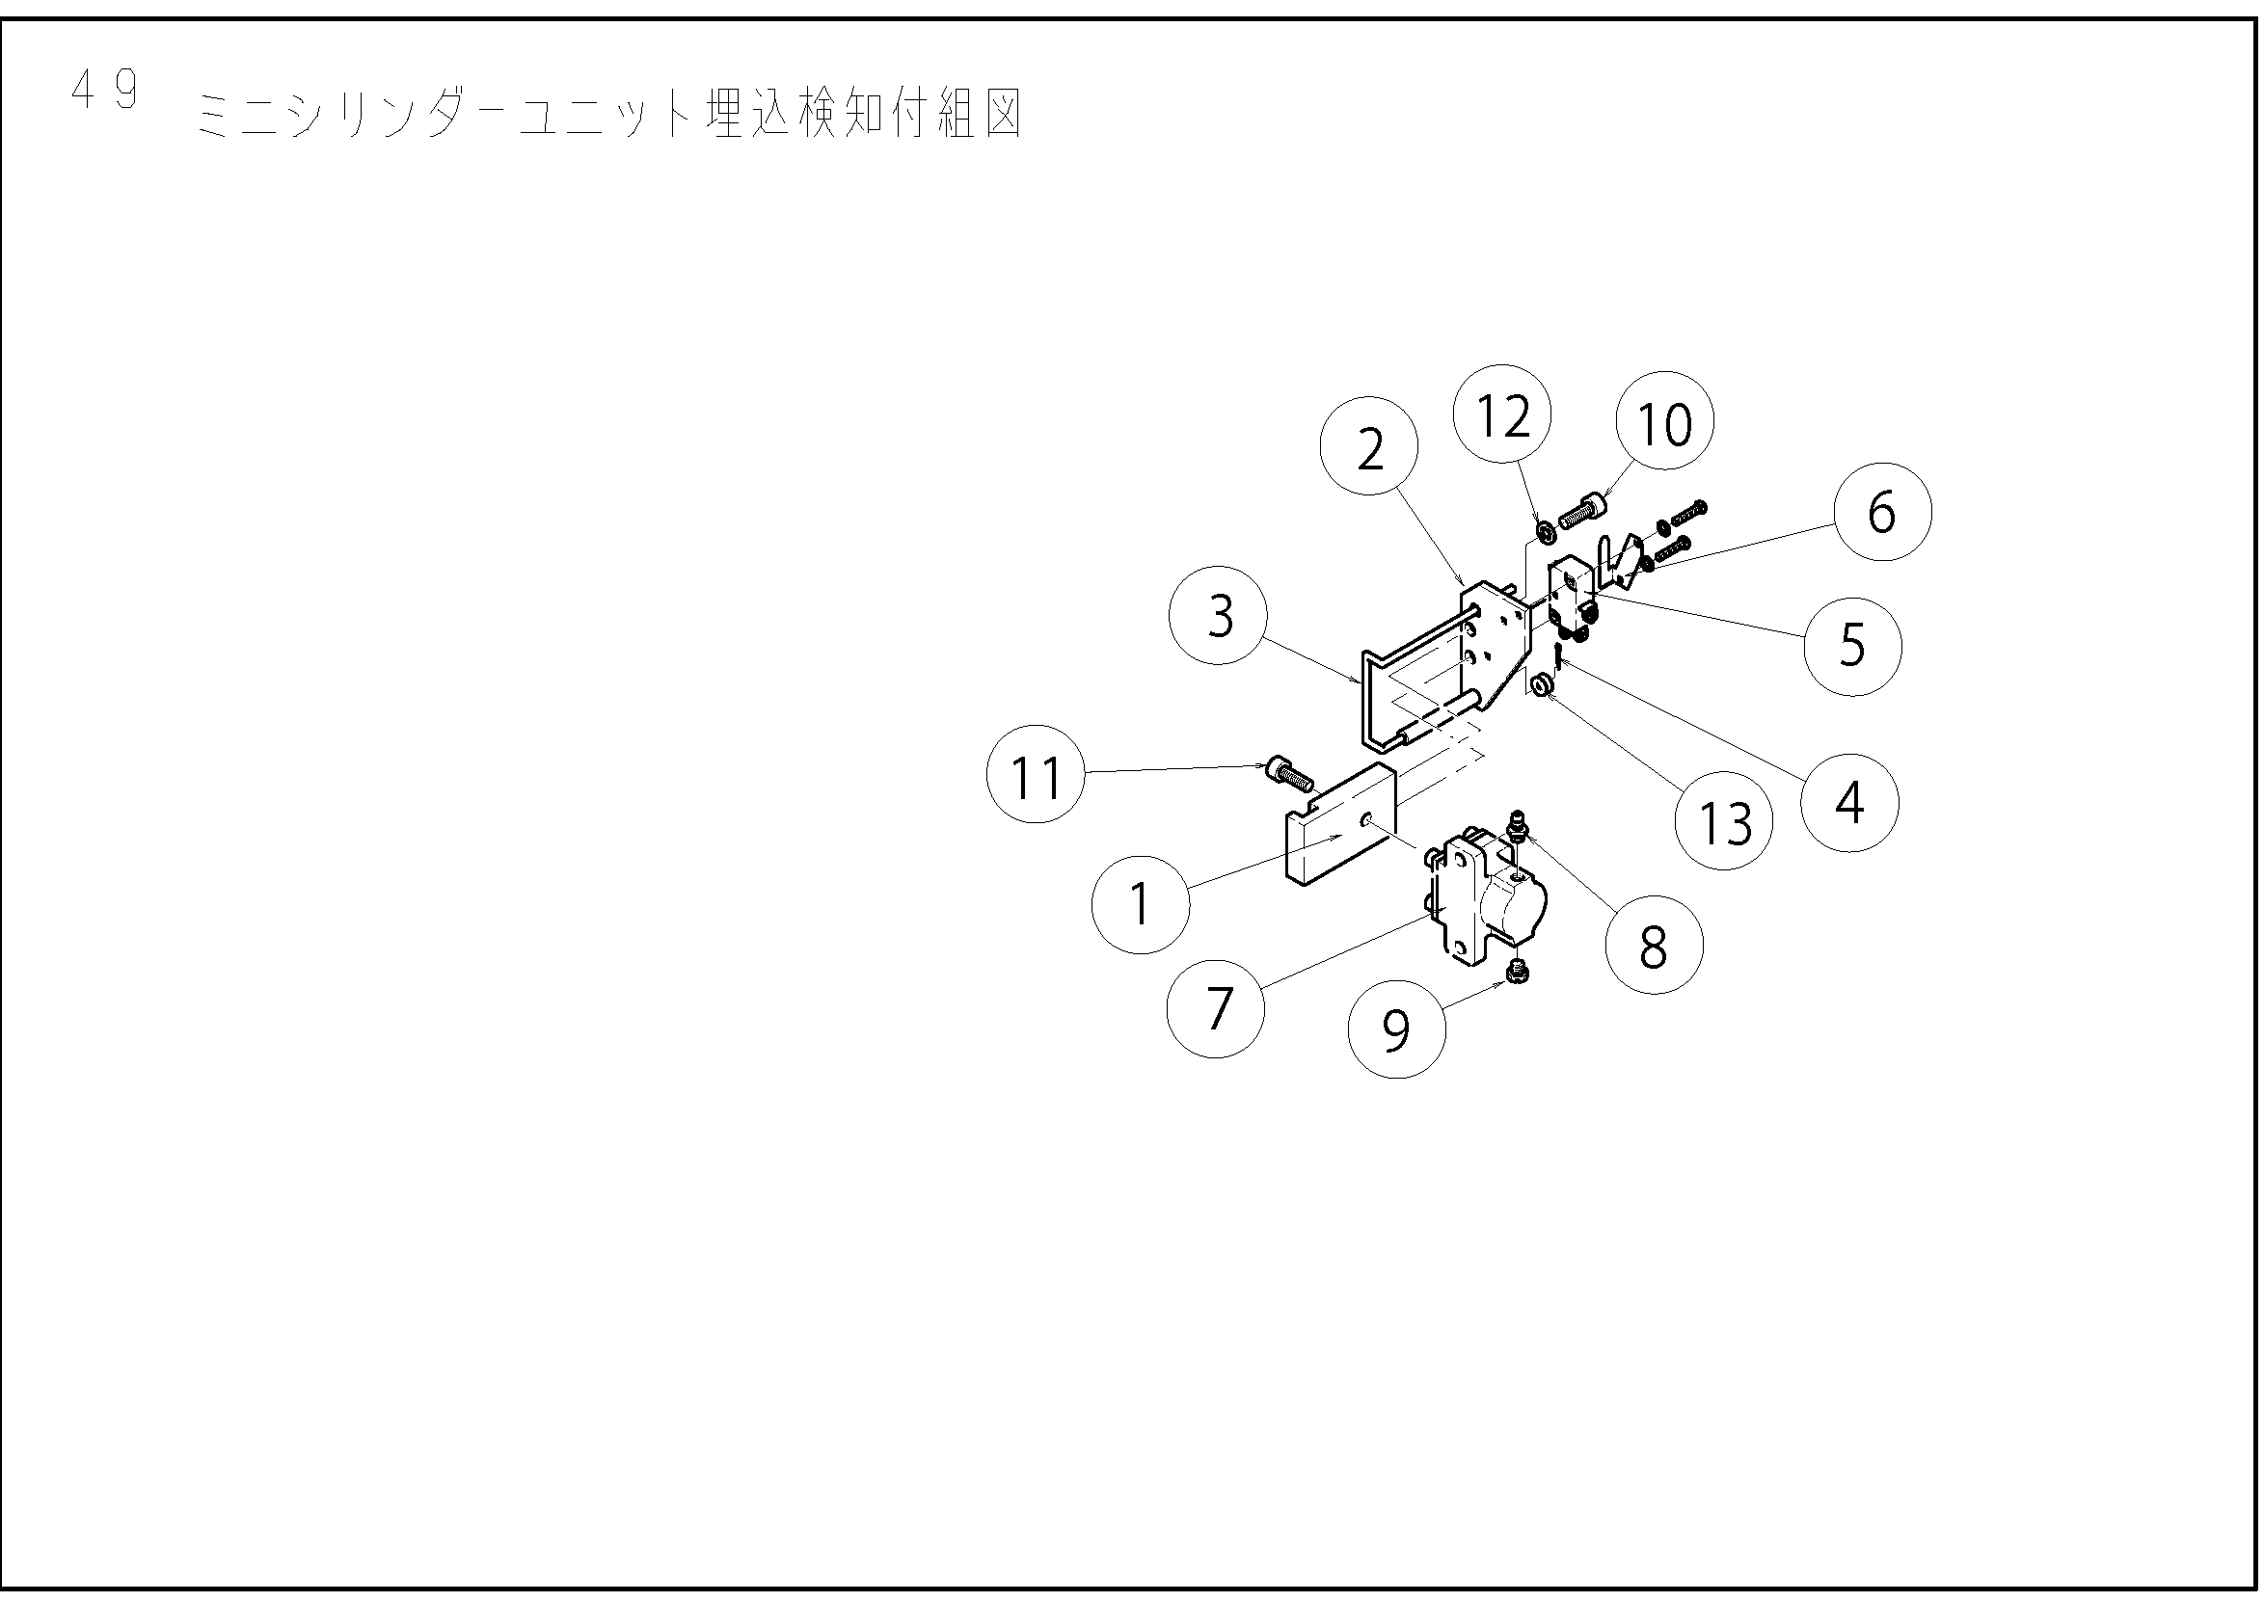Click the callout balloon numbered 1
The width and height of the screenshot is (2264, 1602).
[x=1141, y=904]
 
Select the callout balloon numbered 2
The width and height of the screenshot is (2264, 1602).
[x=1369, y=447]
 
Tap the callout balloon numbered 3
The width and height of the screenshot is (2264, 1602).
[x=1219, y=617]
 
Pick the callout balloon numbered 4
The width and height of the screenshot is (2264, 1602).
[x=1848, y=803]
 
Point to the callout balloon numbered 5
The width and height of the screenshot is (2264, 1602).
[x=1851, y=647]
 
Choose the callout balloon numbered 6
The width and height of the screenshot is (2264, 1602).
[x=1882, y=512]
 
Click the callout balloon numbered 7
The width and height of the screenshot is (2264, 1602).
[x=1215, y=1009]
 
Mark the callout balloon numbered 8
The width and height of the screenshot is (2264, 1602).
[x=1654, y=945]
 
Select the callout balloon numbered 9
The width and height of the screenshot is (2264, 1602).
[x=1397, y=1028]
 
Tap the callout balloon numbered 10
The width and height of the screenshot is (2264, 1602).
[x=1664, y=422]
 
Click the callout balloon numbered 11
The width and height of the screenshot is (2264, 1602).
[x=1036, y=775]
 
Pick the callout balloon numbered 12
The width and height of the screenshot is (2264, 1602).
[x=1502, y=414]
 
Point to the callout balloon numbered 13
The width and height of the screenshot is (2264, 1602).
[x=1723, y=820]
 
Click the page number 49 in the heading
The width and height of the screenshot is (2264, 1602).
[x=104, y=91]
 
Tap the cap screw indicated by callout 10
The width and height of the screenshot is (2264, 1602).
[x=1582, y=512]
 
